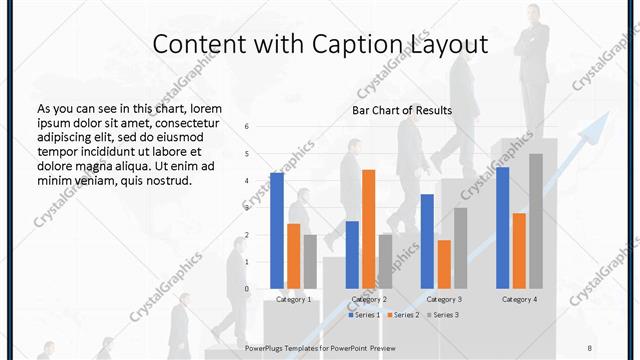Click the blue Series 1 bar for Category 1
click(x=276, y=231)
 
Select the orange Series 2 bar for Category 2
click(x=368, y=229)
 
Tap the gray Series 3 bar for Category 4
click(x=536, y=221)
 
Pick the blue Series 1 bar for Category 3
click(x=427, y=241)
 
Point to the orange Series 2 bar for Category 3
click(x=444, y=264)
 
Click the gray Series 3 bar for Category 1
click(x=310, y=262)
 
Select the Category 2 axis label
click(x=369, y=299)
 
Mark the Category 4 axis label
click(x=519, y=299)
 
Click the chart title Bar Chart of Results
click(x=402, y=110)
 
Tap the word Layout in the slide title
click(x=449, y=45)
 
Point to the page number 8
click(x=590, y=346)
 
